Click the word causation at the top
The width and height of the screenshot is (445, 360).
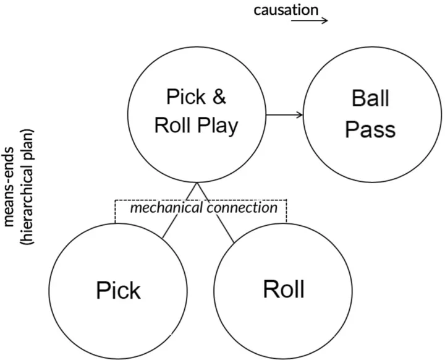[x=286, y=10]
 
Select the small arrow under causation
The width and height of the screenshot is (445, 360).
[x=309, y=20]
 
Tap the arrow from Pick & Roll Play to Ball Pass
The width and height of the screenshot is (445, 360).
[x=284, y=114]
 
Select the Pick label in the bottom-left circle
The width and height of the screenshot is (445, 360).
[x=118, y=289]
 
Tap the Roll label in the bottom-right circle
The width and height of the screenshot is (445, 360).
[x=283, y=288]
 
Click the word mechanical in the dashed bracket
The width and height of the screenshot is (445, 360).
[x=166, y=208]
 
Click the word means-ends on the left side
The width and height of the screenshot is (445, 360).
[x=11, y=186]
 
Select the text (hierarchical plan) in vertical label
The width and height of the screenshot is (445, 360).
[x=27, y=186]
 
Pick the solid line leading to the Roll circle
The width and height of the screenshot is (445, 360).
[x=216, y=213]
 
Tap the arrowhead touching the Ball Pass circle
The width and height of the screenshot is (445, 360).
[x=300, y=114]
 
